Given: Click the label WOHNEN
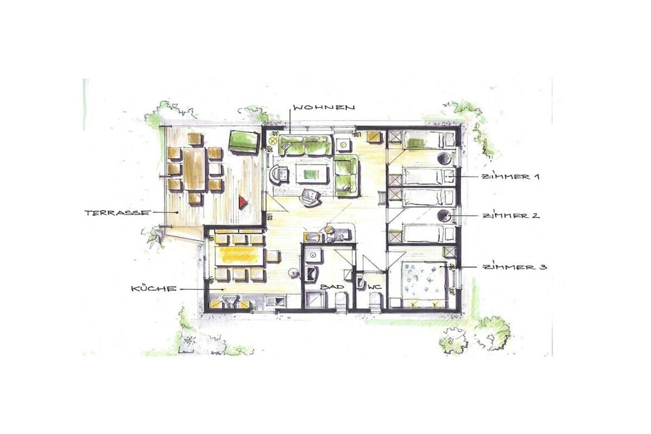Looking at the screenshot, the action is click(x=324, y=107).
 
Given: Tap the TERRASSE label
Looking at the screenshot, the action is click(x=117, y=213).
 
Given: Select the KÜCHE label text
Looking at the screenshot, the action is click(x=154, y=288).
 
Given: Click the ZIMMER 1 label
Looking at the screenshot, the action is click(x=511, y=177).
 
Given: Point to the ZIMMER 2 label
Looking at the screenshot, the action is click(x=511, y=216).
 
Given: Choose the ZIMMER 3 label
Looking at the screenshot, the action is click(x=514, y=267).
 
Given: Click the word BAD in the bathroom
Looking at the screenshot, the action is click(x=332, y=287).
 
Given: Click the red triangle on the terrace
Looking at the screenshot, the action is click(x=243, y=203).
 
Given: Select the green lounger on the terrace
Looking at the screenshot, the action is click(x=244, y=142).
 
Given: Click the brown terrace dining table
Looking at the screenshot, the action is click(x=195, y=169).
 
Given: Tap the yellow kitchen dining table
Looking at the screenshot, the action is click(x=240, y=256).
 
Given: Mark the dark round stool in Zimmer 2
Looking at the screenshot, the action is click(x=444, y=215).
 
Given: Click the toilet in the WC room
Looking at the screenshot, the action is click(x=375, y=300).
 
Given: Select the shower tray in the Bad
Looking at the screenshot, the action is click(x=314, y=299).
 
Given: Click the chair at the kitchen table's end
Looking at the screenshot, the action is click(x=272, y=256).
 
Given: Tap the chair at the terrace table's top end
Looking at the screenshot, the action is click(x=195, y=139).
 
